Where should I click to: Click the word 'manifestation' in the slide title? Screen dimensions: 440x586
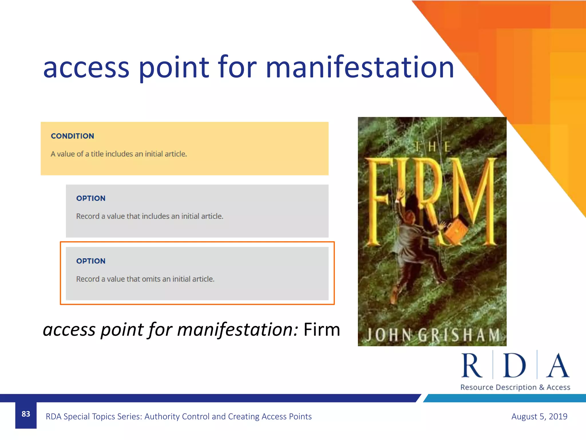tap(360, 68)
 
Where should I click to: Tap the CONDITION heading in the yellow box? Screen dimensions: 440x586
tap(72, 136)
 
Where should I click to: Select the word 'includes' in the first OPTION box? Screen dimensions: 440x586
tap(155, 216)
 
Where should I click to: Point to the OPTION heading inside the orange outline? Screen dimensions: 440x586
tap(91, 261)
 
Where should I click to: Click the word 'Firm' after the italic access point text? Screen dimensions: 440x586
tap(322, 329)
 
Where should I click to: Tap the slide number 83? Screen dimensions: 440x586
tap(26, 414)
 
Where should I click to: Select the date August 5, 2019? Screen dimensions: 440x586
tap(539, 416)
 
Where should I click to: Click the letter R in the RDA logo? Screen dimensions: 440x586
tap(472, 366)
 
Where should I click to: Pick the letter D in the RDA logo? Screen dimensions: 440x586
tap(514, 366)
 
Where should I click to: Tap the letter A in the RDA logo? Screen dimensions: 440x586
tap(557, 366)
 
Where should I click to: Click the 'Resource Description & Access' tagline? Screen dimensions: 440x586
tap(515, 387)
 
